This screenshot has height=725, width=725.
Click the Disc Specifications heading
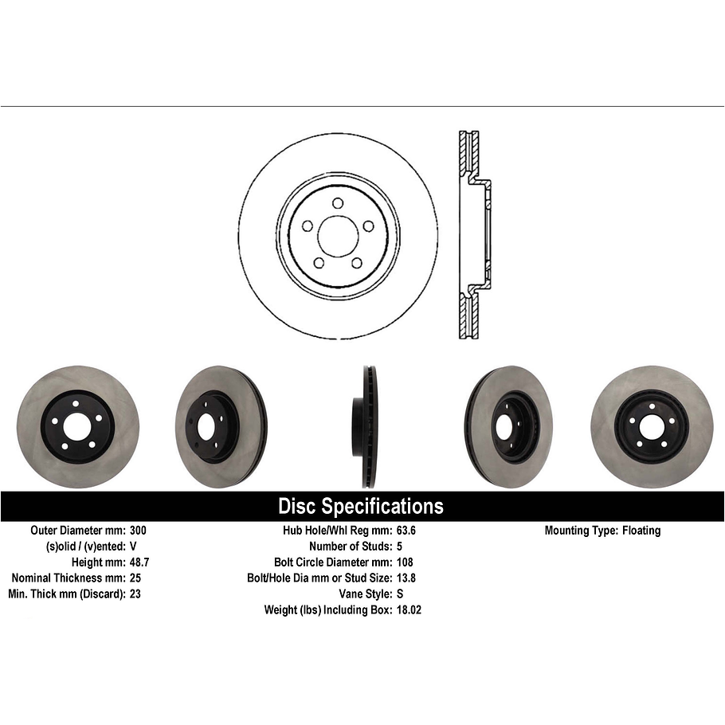point(360,506)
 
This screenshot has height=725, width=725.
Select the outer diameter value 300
point(138,531)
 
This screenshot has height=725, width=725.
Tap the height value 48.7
point(139,562)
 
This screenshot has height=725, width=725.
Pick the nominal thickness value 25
point(135,578)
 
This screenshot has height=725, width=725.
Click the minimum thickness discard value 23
point(135,594)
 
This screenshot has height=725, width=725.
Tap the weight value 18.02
point(411,609)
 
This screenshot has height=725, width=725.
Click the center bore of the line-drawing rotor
point(338,237)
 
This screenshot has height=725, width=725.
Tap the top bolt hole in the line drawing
point(338,203)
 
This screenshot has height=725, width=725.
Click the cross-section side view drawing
point(475,235)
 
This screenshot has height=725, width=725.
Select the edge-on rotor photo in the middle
point(362,427)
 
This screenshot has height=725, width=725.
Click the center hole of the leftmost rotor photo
point(78,427)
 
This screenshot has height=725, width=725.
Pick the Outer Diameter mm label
point(76,531)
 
